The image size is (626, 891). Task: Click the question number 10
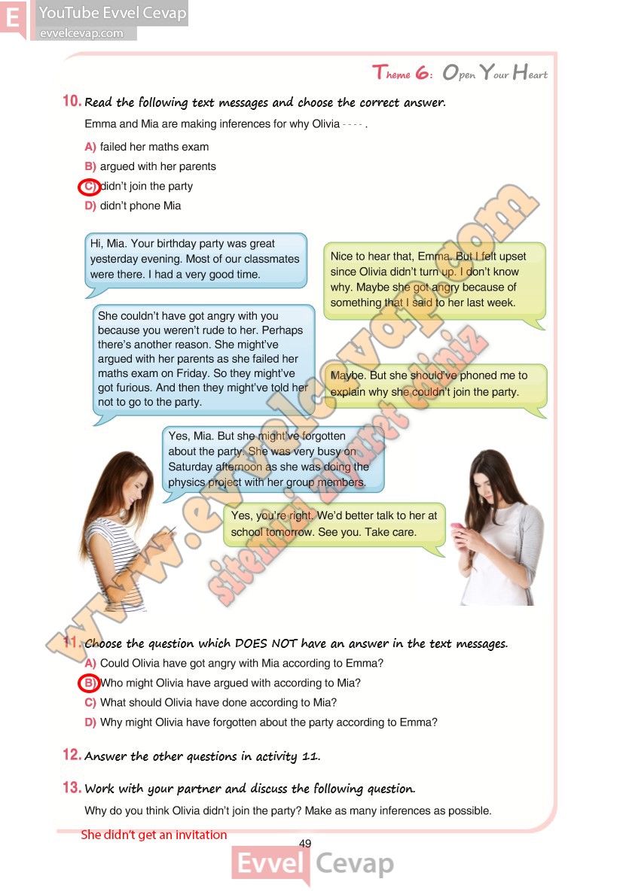coord(72,102)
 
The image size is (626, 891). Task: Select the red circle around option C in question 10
coord(90,187)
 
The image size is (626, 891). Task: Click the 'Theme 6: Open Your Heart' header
coord(460,73)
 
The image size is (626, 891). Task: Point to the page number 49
coord(305,844)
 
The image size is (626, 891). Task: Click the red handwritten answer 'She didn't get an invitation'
coord(154,835)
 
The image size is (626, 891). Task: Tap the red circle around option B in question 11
coord(90,683)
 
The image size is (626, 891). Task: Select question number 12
coord(72,755)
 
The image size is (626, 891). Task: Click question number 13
coord(72,788)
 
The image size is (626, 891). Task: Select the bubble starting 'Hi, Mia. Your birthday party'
coord(195,260)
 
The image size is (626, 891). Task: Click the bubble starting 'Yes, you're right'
coord(334,524)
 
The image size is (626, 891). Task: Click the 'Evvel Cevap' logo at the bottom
coord(312,864)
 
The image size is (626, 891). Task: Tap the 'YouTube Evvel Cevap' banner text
coord(112,13)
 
